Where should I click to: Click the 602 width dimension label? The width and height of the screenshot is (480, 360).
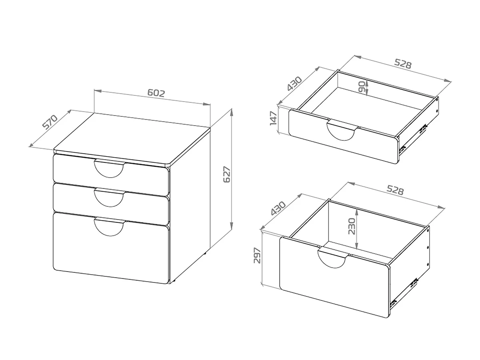click(156, 93)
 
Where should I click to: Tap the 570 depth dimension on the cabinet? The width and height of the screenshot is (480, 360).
click(50, 122)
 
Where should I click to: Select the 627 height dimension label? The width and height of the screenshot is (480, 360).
click(227, 174)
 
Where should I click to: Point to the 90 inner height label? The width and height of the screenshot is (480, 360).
click(362, 86)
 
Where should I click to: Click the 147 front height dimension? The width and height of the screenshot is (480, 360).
click(273, 118)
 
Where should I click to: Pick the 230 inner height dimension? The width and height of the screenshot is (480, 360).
click(352, 226)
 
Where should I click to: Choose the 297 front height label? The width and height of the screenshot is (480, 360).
click(257, 256)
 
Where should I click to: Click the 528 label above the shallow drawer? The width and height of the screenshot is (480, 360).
click(403, 64)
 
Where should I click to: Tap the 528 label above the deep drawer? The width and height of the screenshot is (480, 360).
click(395, 190)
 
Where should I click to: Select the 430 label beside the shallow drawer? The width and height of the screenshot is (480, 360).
click(294, 84)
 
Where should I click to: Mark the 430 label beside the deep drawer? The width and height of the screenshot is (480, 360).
click(278, 208)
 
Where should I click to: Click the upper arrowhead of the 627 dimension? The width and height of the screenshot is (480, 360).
click(232, 112)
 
